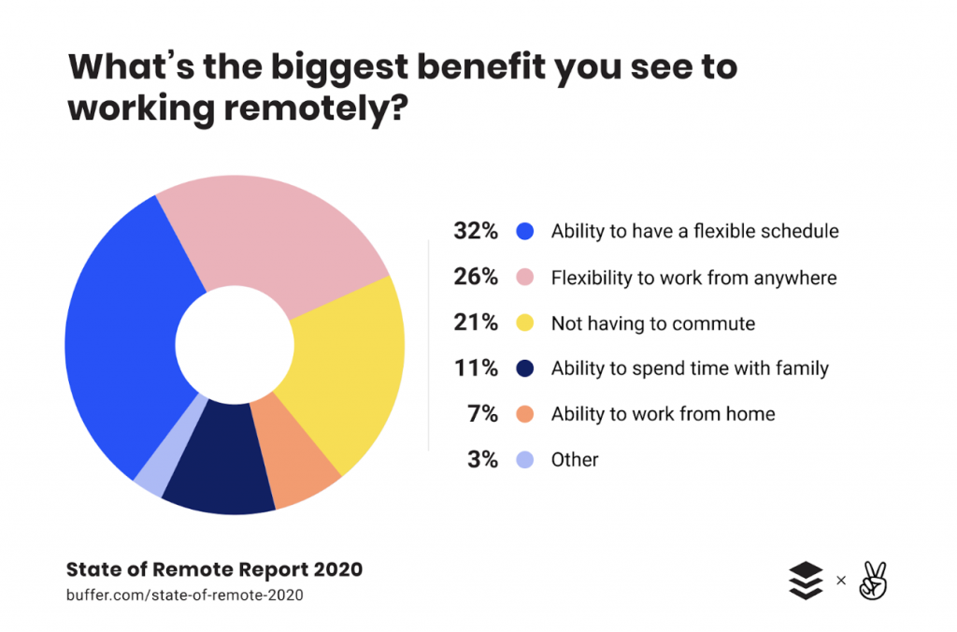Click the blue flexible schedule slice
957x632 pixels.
122,342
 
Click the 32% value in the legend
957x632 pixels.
476,231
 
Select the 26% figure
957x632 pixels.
476,277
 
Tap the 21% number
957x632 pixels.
476,323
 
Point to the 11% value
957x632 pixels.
476,368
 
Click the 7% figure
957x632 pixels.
483,414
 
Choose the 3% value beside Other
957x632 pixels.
483,460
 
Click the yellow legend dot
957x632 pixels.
525,323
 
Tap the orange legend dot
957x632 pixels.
525,414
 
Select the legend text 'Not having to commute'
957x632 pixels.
653,323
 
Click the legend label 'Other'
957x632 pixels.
575,460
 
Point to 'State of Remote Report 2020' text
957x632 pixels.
214,569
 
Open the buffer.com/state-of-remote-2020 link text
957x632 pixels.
185,595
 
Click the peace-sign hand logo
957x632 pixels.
873,580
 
